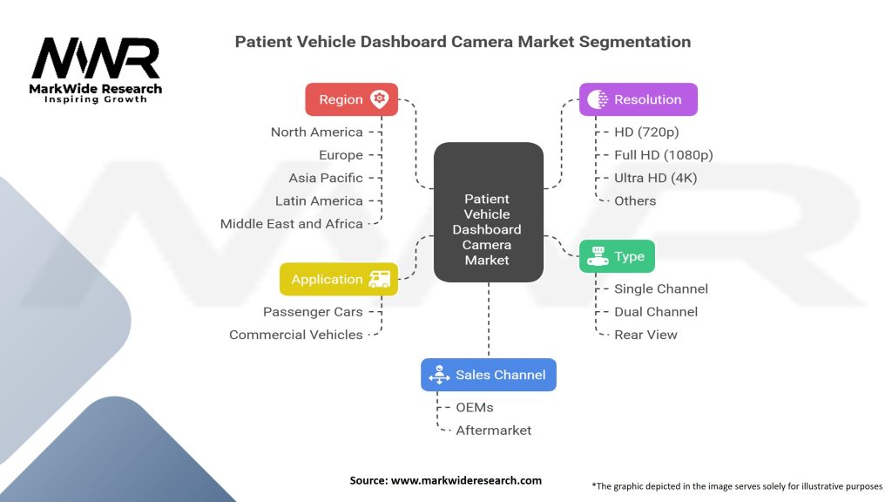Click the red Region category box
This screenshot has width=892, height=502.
coord(351,99)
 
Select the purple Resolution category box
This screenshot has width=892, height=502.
coord(639,99)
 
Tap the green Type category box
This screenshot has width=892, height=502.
coord(617,256)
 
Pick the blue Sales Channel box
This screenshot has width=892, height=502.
coord(488,375)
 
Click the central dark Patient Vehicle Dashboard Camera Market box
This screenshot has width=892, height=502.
coord(488,229)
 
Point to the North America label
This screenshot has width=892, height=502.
coord(316,132)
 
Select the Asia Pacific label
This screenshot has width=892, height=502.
coord(326,178)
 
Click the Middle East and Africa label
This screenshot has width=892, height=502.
coord(291,224)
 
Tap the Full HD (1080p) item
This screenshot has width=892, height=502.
coord(664,155)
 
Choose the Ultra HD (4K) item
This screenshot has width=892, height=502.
coord(655,178)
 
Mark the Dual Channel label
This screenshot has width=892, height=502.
coord(656,311)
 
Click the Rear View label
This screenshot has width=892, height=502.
coord(645,335)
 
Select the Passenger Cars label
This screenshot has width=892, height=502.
coord(313,312)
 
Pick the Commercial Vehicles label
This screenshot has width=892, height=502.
coord(296,335)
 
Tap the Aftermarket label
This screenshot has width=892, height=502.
coord(493,430)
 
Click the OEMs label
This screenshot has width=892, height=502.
coord(475,407)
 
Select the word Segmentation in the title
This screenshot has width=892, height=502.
coord(636,42)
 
